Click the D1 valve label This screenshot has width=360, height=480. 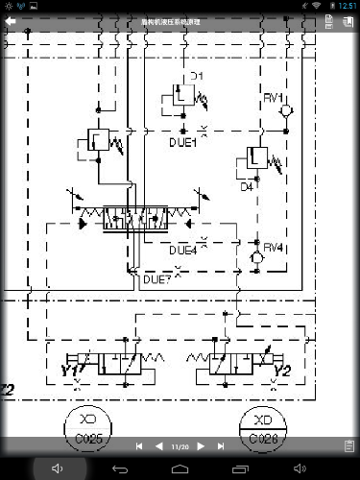point(197,75)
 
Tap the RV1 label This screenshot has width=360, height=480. point(274,98)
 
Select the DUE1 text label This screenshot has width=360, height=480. point(182,143)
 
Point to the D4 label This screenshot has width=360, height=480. point(247,187)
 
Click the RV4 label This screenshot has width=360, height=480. point(274,248)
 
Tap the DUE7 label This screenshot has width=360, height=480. point(156,280)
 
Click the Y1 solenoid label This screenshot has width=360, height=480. point(69,371)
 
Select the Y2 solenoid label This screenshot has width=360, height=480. point(282,371)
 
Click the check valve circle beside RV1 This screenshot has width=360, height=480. point(283,113)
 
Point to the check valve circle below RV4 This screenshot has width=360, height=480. point(257,259)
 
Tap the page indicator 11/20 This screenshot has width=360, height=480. point(180,446)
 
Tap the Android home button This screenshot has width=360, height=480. point(180,468)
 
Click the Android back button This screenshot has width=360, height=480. point(119,468)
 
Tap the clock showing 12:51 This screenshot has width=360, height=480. point(347,6)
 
